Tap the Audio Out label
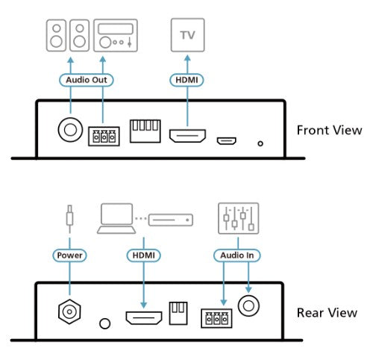coord(84,78)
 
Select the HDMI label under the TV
coord(188,78)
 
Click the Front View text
coord(329,130)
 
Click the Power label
coord(69,255)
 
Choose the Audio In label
coord(235,255)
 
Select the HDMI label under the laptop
coord(144,255)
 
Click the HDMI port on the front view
coord(188,137)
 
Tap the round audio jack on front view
coord(70,131)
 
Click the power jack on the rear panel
coord(69,313)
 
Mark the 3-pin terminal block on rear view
coord(216,319)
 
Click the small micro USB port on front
coord(226,139)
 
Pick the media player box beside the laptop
coord(170,220)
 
